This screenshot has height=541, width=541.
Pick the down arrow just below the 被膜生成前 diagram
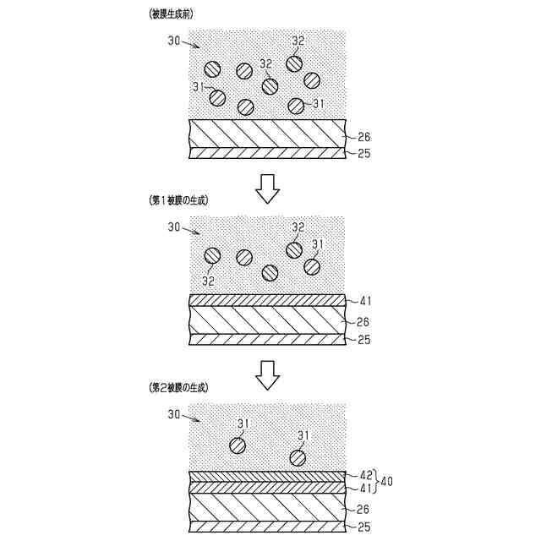pos(268,189)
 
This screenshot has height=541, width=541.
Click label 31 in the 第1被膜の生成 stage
pos(319,244)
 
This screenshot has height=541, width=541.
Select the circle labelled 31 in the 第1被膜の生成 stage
pos(312,265)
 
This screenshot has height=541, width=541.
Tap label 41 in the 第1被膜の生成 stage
pos(365,299)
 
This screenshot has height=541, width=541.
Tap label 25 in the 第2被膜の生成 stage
pos(364,527)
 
